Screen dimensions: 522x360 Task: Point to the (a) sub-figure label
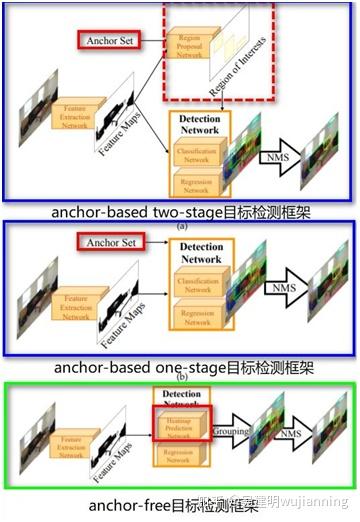pos(181,227)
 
